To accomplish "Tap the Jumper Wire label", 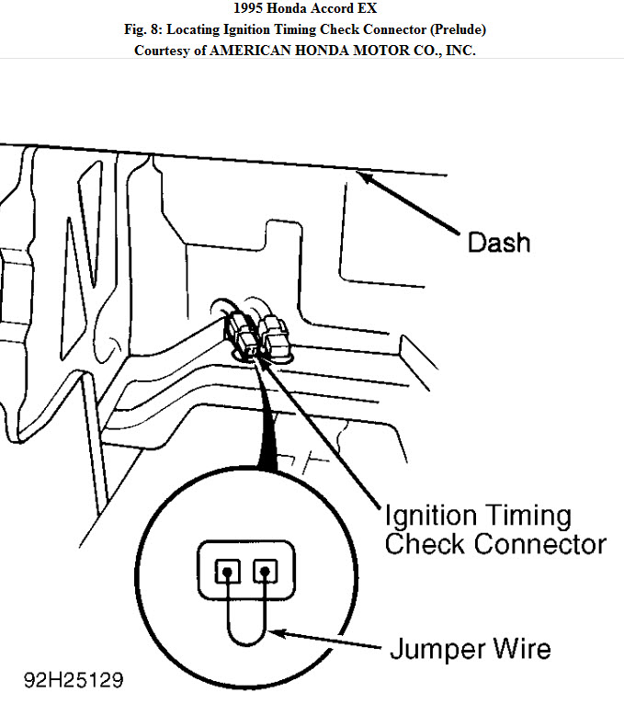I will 471,649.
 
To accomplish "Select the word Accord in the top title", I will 340,9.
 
